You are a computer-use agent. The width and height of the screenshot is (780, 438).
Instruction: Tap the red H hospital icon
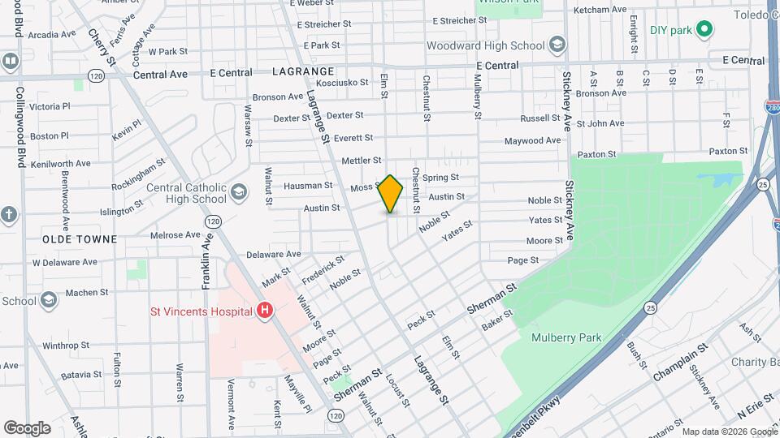(x=263, y=310)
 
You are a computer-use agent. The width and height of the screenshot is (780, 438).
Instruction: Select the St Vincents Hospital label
(x=199, y=310)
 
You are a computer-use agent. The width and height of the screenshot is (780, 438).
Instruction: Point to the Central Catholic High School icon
(x=238, y=192)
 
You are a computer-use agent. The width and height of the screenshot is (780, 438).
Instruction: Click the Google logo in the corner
(x=27, y=427)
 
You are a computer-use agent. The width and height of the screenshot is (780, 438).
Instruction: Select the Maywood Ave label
(x=532, y=140)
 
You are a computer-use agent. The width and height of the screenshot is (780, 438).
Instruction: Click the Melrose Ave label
(x=175, y=235)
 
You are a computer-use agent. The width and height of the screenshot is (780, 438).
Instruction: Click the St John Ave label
(x=605, y=123)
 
